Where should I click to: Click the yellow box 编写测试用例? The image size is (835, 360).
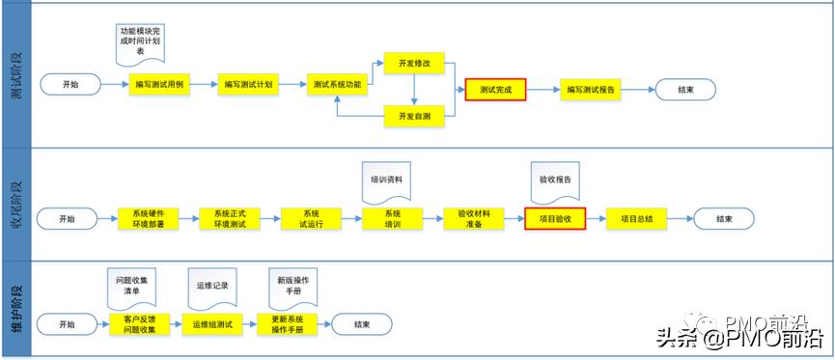point(156,85)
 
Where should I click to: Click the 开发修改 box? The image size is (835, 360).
point(413,63)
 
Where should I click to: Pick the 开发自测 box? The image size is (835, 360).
point(413,116)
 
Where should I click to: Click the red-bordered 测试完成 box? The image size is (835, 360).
point(495,90)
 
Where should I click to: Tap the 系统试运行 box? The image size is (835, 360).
point(311,219)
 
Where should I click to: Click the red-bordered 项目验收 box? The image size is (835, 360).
point(555,219)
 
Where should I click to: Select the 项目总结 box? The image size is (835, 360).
point(636,219)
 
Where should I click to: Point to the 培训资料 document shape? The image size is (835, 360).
point(386,180)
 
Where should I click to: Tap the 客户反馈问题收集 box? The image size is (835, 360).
point(140,324)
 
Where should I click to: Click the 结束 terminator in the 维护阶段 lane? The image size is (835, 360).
point(361,324)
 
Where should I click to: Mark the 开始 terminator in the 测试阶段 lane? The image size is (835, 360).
point(71,85)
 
